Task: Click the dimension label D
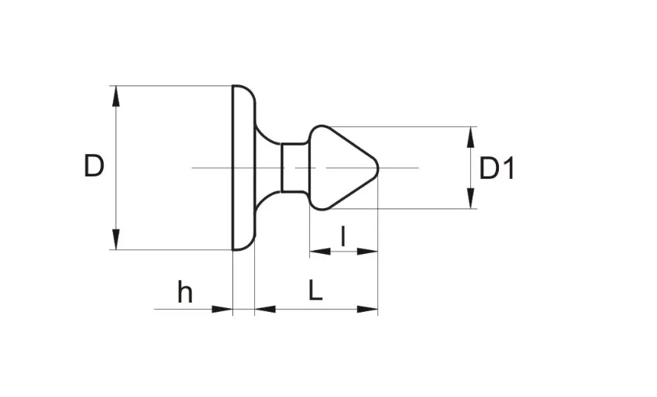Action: (94, 166)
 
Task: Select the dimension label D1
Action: (497, 169)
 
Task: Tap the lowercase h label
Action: (184, 292)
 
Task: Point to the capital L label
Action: (315, 290)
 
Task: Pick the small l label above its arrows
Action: (343, 236)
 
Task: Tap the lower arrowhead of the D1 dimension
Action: (471, 198)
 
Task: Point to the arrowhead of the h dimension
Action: (222, 310)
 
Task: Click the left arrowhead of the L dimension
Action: (265, 310)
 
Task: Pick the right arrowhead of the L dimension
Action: (367, 310)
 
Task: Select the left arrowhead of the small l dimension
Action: (320, 252)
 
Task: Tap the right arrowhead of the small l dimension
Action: (367, 252)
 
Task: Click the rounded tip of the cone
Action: (377, 168)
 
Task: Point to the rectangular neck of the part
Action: (295, 167)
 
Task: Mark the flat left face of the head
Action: (233, 168)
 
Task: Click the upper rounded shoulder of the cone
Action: (319, 127)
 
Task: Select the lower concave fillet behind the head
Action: (266, 203)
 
